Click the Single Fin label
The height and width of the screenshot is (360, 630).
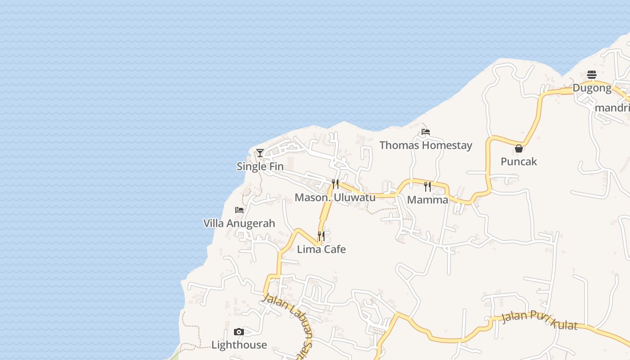click(x=260, y=166)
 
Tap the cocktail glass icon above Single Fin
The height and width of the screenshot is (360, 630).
click(x=260, y=153)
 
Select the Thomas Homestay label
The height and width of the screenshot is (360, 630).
click(x=426, y=145)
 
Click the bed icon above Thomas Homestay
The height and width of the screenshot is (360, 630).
click(x=426, y=132)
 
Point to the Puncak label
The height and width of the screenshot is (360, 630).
click(x=519, y=162)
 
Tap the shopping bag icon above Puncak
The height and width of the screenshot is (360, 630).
click(x=519, y=148)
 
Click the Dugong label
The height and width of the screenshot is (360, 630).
click(x=592, y=88)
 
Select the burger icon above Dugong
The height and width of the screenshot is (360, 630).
click(x=592, y=75)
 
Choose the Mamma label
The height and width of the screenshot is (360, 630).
click(x=427, y=200)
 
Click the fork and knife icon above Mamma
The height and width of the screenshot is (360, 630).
click(x=427, y=186)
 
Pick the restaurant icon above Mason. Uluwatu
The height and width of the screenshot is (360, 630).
click(x=335, y=184)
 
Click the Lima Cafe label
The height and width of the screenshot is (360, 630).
click(x=321, y=249)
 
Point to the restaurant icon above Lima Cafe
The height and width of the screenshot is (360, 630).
click(x=321, y=236)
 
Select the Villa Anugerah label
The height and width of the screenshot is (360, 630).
click(x=239, y=224)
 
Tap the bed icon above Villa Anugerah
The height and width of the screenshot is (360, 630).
click(x=239, y=210)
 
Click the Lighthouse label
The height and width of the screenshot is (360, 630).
click(x=239, y=345)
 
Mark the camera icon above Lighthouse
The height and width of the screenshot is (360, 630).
click(x=239, y=332)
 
